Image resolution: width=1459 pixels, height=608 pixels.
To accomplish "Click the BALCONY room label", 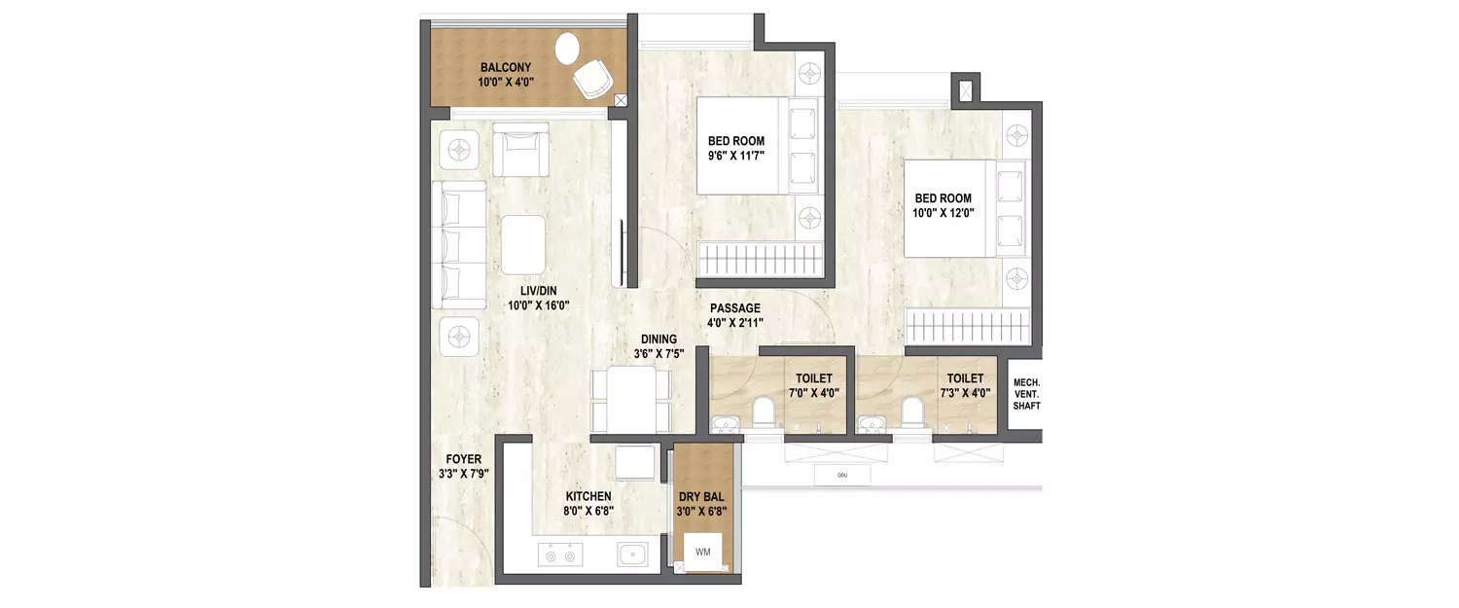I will [506, 67].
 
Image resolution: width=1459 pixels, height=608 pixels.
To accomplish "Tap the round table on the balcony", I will [567, 47].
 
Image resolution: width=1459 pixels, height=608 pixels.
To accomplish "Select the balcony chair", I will [591, 78].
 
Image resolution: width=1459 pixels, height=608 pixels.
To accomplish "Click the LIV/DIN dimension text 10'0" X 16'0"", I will [538, 305].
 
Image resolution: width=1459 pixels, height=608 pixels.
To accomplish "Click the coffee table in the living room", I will [524, 245].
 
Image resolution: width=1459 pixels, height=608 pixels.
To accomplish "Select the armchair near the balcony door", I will [520, 148].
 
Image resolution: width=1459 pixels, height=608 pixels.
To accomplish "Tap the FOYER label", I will [463, 460].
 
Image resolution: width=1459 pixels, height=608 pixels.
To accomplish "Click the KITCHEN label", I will [588, 496].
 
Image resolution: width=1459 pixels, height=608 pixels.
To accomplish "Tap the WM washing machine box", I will [703, 552].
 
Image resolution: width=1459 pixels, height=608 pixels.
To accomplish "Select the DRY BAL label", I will [702, 496].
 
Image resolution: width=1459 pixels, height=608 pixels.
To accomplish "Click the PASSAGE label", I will [735, 308].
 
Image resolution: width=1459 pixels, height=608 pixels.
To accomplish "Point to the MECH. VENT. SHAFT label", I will [1026, 393].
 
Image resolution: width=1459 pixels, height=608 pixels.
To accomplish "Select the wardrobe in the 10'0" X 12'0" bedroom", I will [967, 323].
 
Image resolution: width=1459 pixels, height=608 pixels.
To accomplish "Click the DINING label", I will [658, 340].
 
